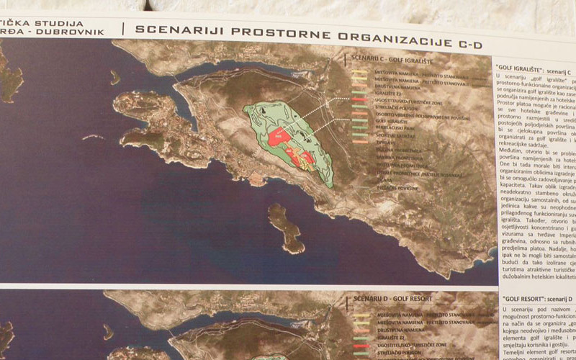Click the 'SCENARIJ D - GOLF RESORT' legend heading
pyautogui.click(x=392, y=297)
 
